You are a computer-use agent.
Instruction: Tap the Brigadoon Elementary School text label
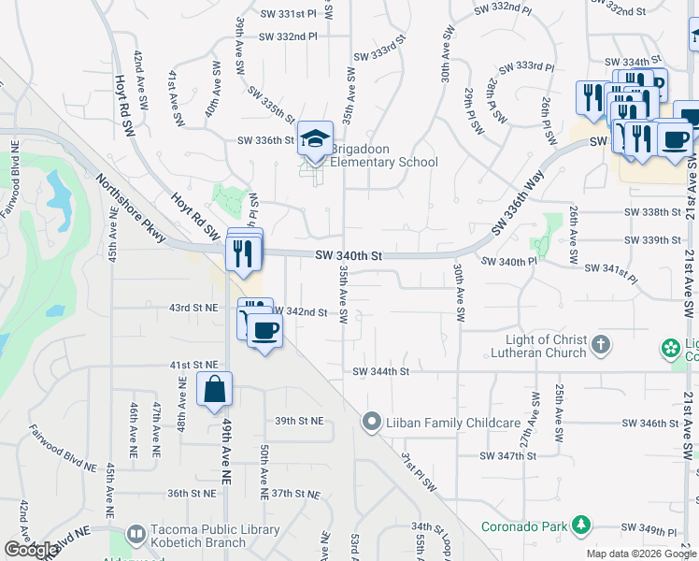pos(384,163)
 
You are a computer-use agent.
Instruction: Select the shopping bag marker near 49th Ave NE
pos(215,389)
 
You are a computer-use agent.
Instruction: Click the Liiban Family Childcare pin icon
pos(372,423)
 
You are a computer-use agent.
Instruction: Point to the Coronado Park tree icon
pos(582,525)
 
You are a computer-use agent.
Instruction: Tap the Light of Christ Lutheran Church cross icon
pos(601,346)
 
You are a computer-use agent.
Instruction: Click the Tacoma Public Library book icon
pos(136,533)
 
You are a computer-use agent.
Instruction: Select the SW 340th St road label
pos(349,255)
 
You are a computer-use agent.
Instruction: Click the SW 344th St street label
pos(381,371)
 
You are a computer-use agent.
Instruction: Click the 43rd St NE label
pos(193,308)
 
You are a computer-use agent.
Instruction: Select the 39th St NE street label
pos(297,421)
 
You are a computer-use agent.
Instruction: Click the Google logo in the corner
pos(31,550)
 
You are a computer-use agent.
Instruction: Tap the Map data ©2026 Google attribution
pos(641,554)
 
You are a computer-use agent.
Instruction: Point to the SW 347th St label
pos(507,455)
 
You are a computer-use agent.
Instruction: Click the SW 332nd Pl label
pos(289,36)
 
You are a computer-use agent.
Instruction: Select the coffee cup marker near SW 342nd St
pos(265,332)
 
